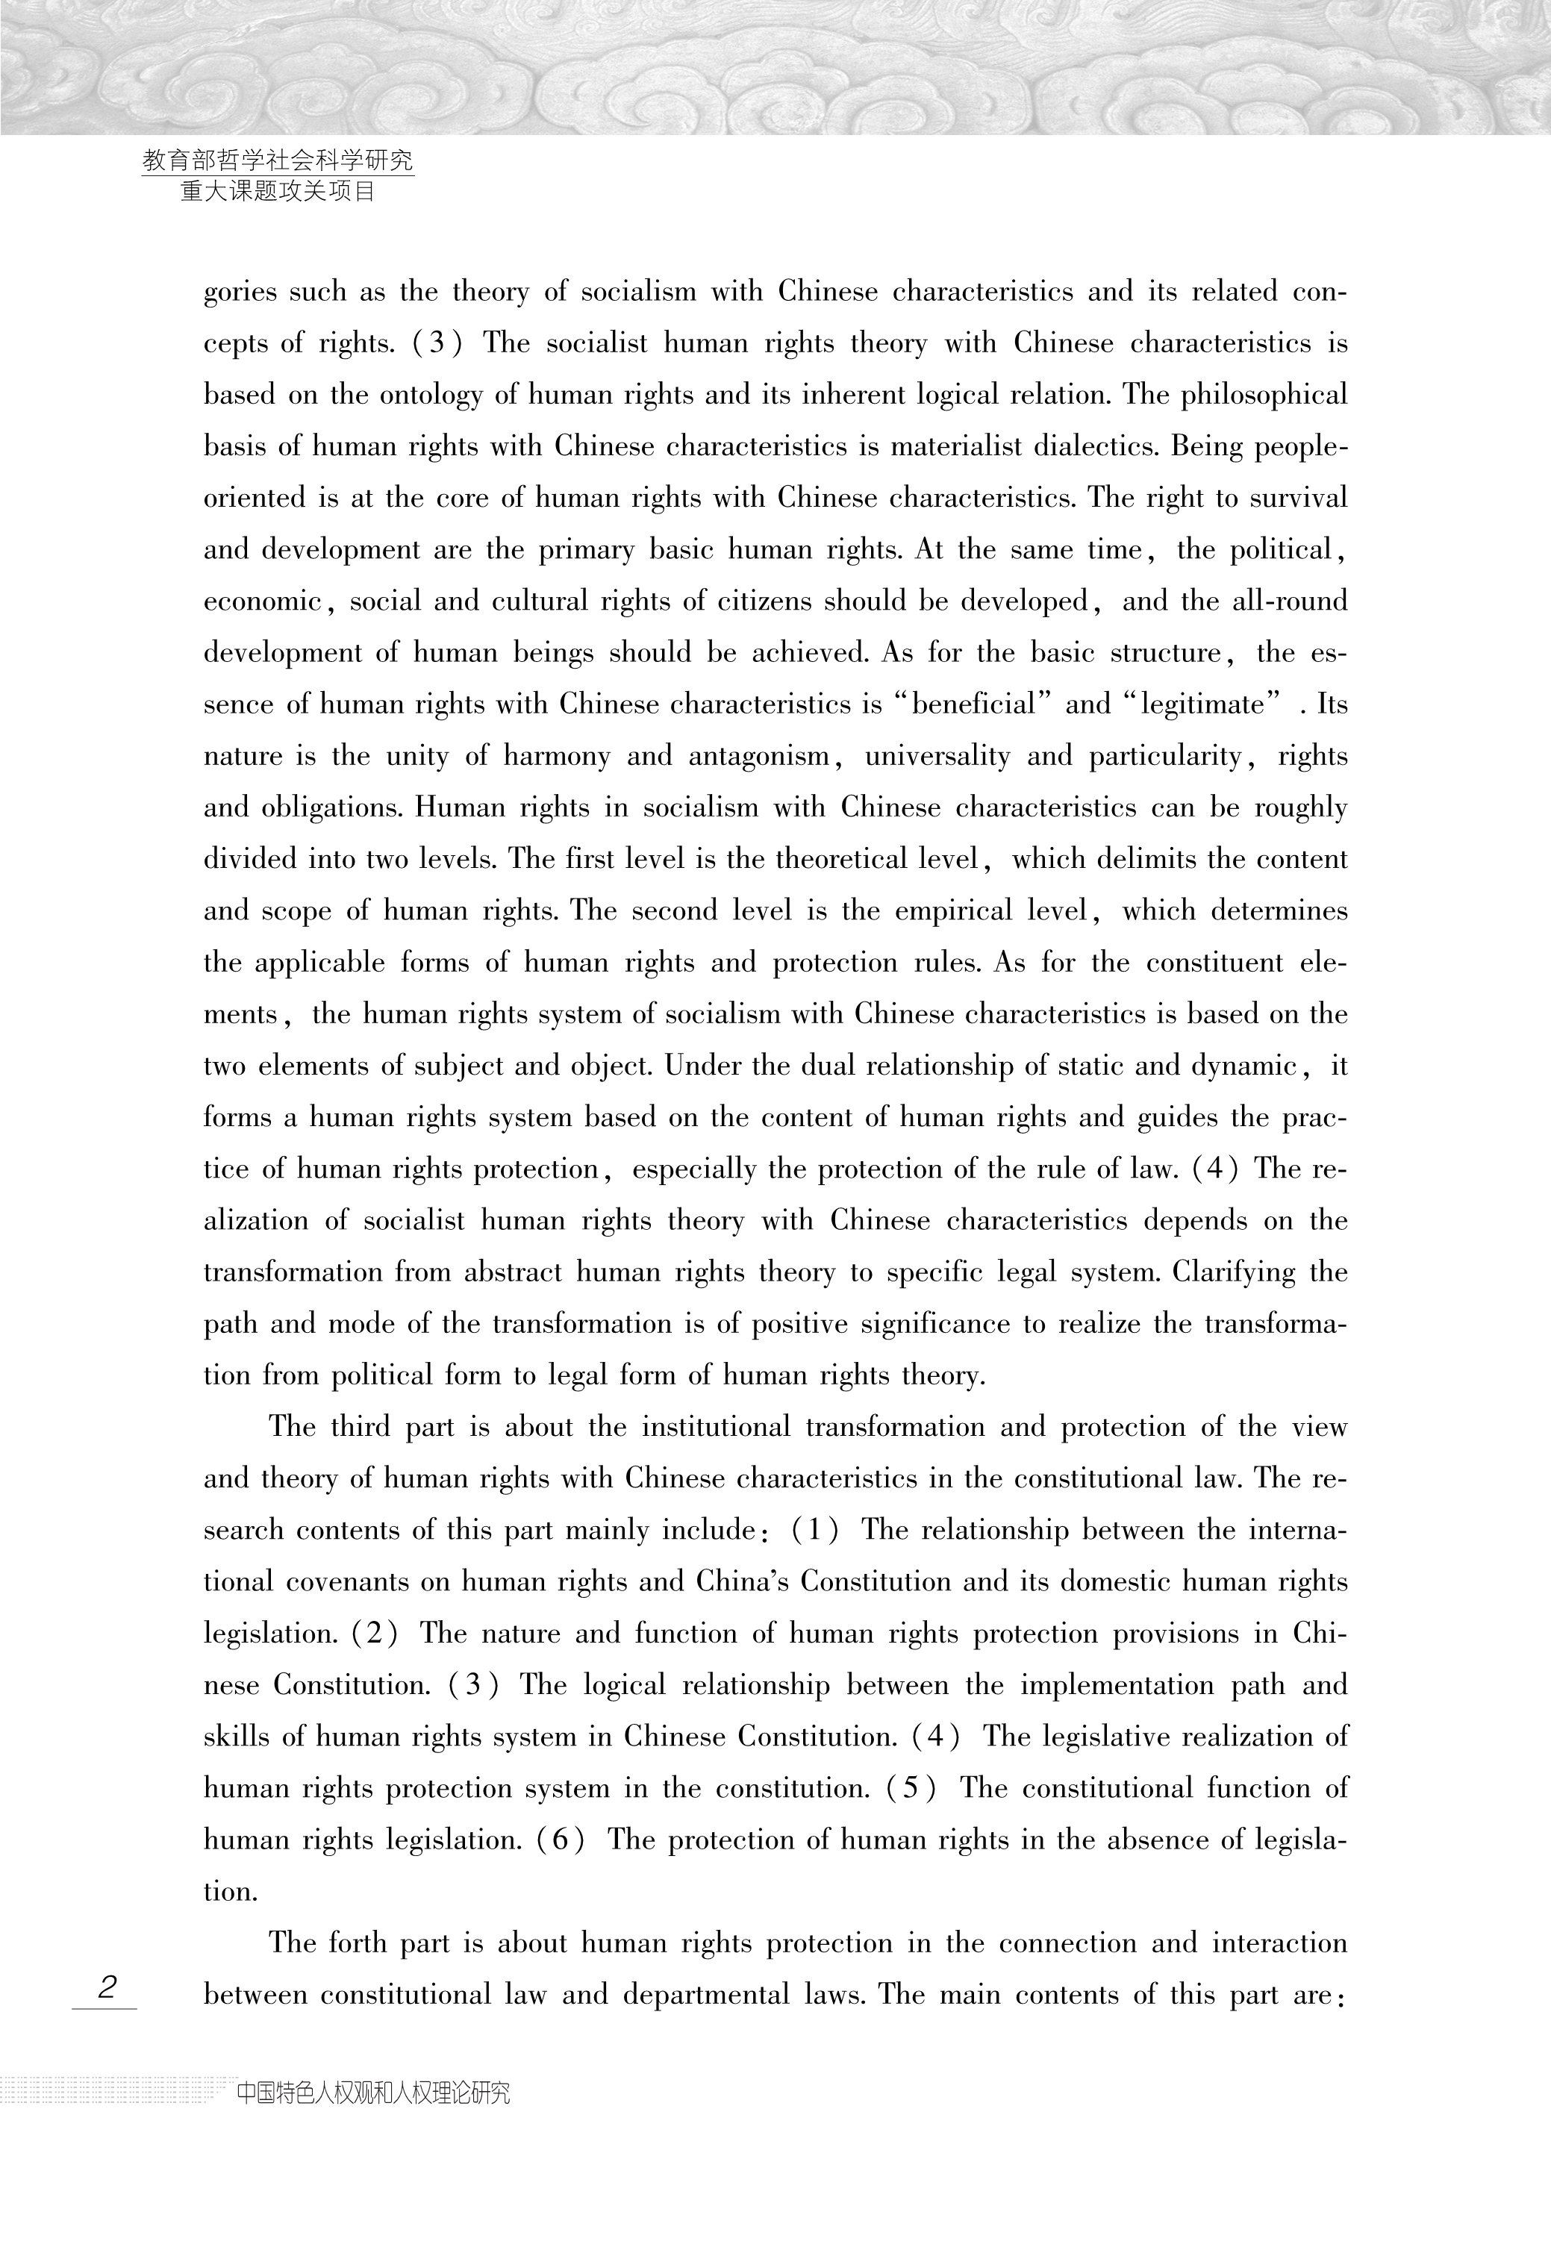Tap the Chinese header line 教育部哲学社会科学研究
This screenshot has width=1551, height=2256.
click(278, 160)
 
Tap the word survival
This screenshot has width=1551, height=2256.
click(1298, 499)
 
